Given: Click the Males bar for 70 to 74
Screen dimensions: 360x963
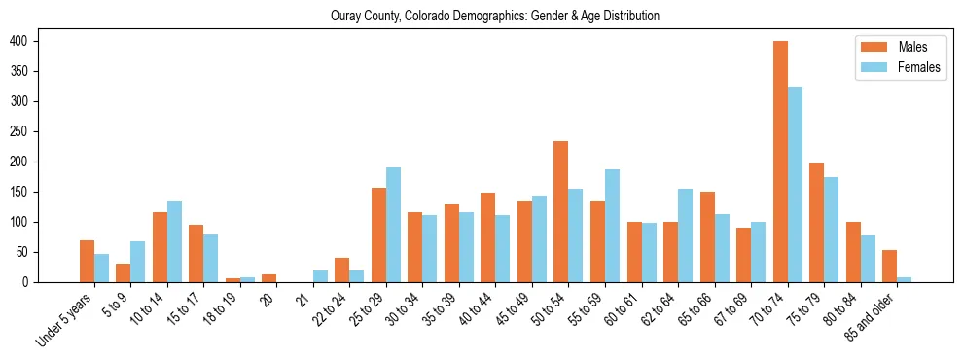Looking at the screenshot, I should [780, 162].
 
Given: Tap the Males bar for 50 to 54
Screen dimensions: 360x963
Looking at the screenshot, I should [561, 212].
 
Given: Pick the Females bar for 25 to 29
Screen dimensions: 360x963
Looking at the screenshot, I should [393, 225].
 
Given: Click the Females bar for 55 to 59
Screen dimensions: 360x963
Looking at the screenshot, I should [612, 226].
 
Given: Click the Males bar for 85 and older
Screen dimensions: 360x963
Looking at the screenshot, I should [889, 266].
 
